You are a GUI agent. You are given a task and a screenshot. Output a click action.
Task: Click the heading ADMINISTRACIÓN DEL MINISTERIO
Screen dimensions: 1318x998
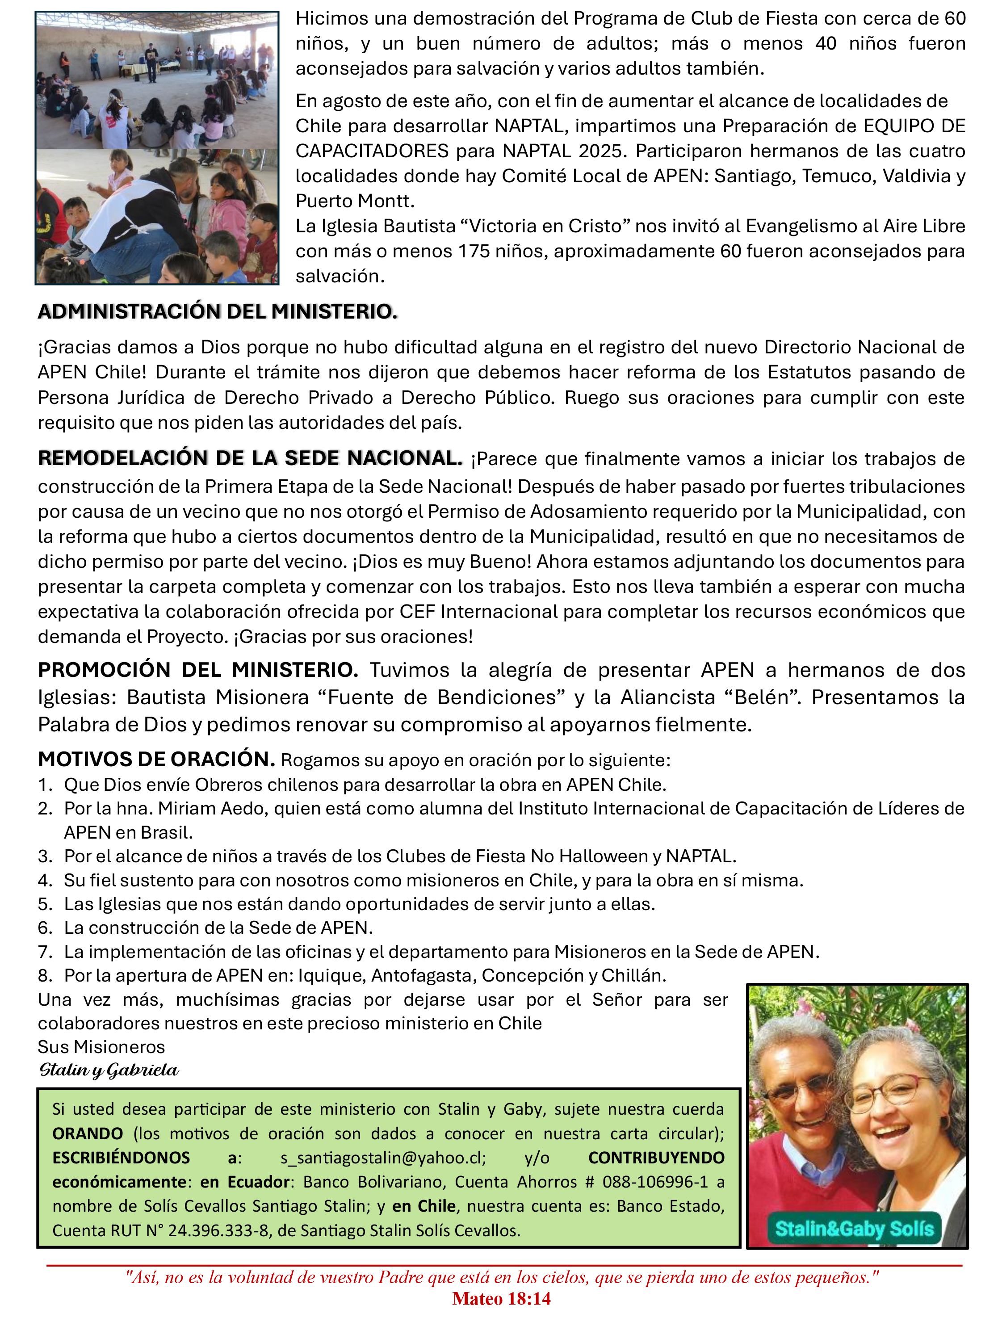218,311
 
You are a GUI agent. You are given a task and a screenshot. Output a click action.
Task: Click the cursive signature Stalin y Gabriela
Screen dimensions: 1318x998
109,1070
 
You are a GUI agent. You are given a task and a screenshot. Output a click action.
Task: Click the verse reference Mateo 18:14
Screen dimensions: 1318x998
501,1299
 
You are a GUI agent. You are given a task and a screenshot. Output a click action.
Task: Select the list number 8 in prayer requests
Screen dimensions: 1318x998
45,975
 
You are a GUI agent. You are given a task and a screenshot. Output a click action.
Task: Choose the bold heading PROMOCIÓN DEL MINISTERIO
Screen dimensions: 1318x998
198,670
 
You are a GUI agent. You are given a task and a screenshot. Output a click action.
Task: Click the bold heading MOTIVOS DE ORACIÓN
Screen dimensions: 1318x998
156,759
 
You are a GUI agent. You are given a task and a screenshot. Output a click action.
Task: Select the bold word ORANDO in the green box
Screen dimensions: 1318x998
88,1133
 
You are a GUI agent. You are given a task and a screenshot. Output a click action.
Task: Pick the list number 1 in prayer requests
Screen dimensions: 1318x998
45,785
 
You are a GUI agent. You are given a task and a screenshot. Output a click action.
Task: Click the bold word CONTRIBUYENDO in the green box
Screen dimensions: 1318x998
656,1157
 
